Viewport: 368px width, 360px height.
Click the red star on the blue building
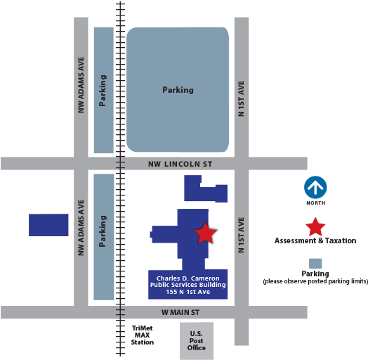coord(205,233)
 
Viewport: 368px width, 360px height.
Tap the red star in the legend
coord(315,227)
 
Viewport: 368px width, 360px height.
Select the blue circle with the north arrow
coord(315,187)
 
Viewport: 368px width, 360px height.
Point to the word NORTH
coord(316,202)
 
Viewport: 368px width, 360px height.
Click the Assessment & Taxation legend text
coord(315,240)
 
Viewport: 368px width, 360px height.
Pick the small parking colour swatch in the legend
coord(315,264)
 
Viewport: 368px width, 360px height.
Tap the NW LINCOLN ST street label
coord(180,164)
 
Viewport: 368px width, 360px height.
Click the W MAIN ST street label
coord(180,312)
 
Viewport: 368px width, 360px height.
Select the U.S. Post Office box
coord(197,341)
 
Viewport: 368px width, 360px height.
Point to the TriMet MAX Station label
coord(143,335)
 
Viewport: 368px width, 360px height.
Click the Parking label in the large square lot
coord(178,90)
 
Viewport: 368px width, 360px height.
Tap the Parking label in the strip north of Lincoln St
coord(103,91)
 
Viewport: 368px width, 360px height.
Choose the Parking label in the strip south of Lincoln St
coord(103,231)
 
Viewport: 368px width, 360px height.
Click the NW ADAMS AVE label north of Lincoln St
coord(81,85)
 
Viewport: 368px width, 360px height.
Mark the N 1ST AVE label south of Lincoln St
coord(241,235)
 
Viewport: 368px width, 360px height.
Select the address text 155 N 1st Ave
coord(188,292)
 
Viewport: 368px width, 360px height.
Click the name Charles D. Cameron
coord(188,278)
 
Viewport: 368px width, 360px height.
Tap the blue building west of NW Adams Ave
coord(48,225)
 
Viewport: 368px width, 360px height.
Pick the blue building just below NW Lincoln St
coord(206,188)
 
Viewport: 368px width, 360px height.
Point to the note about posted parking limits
coord(315,281)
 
